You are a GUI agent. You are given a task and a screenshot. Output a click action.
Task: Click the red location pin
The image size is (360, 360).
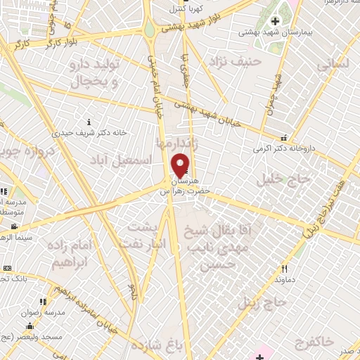tap(181, 164)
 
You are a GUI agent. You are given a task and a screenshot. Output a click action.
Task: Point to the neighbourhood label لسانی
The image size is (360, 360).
tap(333, 65)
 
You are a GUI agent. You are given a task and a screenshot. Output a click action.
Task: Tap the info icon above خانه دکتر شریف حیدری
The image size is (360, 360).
tap(88, 121)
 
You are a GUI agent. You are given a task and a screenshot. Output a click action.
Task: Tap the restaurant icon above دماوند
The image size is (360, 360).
tap(284, 269)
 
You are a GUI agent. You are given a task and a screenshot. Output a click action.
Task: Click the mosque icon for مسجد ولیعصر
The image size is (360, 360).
tap(29, 326)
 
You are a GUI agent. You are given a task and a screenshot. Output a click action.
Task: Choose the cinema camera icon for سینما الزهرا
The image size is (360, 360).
tap(14, 226)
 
